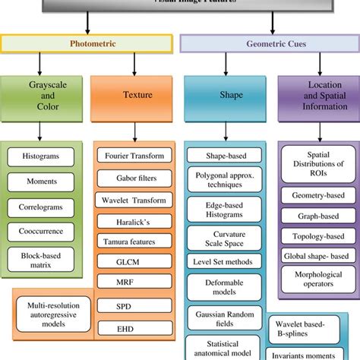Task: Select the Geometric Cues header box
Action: coord(268,44)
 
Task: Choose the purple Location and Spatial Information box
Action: coord(314,97)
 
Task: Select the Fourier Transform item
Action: coord(135,156)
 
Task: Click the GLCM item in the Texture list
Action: coord(135,260)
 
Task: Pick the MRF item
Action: coord(135,281)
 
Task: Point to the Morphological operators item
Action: coord(314,276)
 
